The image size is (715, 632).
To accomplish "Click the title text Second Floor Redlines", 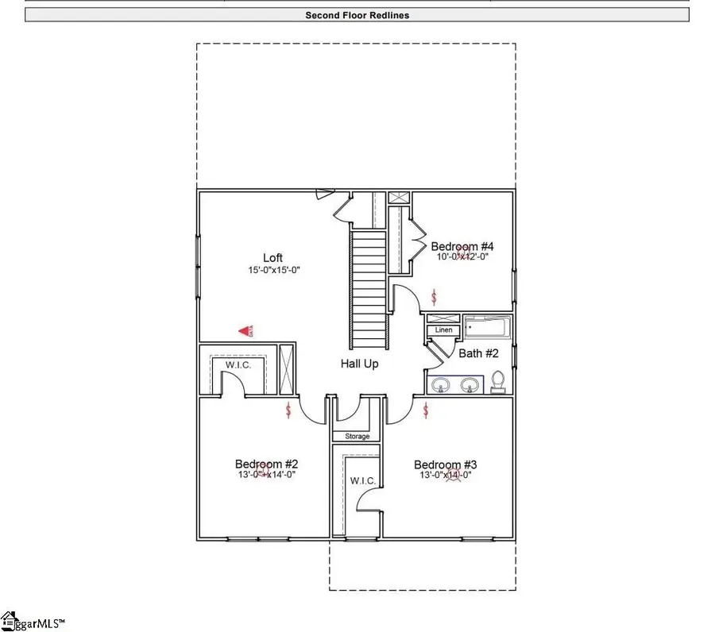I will click(357, 15).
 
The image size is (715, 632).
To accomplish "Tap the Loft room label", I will click(273, 258).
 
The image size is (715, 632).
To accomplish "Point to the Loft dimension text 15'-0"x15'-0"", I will click(273, 270).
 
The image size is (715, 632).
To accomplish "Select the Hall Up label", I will click(360, 364).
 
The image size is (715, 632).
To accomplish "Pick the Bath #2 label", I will click(477, 353).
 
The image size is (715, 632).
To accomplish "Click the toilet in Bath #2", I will click(499, 383).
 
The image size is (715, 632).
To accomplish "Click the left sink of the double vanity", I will click(442, 385).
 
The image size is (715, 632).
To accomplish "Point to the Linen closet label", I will click(443, 330).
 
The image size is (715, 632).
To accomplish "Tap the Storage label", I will click(357, 437).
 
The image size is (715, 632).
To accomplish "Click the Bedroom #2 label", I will click(266, 464).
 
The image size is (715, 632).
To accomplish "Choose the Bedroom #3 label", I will click(446, 464).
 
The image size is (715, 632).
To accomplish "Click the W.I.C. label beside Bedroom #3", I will click(362, 481).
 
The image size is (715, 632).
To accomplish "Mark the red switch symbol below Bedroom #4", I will click(433, 297).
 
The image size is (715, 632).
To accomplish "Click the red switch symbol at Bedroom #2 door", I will click(288, 410).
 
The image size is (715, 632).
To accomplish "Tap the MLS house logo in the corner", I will click(10, 619).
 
